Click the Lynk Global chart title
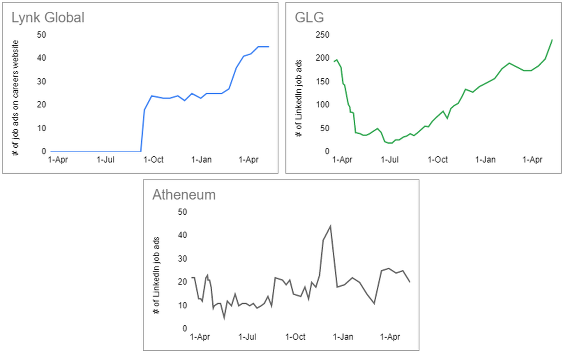(x=48, y=18)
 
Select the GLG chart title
(x=309, y=18)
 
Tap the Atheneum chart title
(x=184, y=195)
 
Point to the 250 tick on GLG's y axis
(x=322, y=35)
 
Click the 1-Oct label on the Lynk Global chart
(x=153, y=160)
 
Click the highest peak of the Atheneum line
(x=330, y=226)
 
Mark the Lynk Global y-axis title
(x=16, y=98)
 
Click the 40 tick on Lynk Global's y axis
(x=42, y=58)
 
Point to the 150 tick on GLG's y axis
(x=322, y=81)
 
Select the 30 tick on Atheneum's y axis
(x=183, y=259)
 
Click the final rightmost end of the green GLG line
(x=552, y=40)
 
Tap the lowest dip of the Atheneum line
(x=224, y=318)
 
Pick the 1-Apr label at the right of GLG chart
(x=533, y=160)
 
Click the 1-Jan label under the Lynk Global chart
(x=202, y=160)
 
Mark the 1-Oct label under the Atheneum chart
(x=295, y=337)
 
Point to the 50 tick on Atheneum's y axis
(x=183, y=212)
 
